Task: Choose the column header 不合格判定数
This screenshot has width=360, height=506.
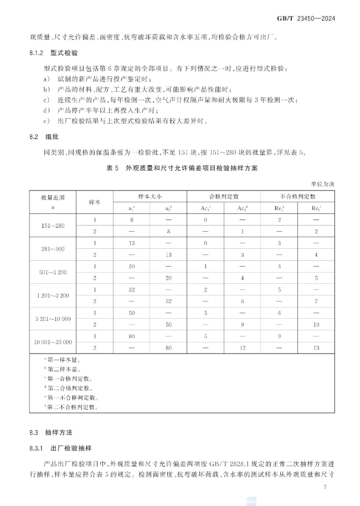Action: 297,196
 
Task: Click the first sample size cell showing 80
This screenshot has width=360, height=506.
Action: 132,336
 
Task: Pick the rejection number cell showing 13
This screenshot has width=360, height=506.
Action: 316,347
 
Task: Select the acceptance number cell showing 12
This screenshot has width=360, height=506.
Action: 242,347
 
